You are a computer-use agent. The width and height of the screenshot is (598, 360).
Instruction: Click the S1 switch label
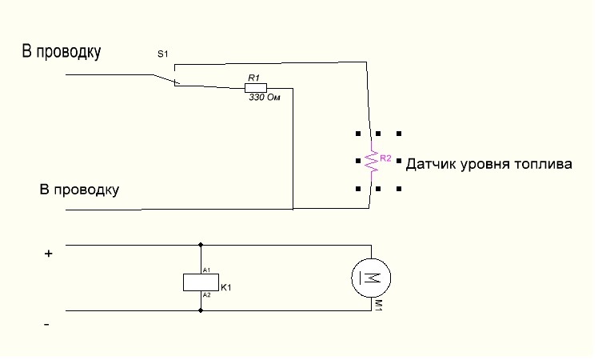163,54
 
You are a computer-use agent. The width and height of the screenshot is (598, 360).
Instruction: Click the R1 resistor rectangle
256,88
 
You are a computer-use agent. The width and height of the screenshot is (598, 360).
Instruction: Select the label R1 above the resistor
253,78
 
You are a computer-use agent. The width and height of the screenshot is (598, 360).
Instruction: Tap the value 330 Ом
265,98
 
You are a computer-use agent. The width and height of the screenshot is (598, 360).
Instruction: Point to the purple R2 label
385,158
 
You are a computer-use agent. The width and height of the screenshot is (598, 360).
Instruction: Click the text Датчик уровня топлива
489,164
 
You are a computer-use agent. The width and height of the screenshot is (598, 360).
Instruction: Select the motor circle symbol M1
371,278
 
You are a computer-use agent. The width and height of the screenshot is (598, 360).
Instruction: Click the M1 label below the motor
378,306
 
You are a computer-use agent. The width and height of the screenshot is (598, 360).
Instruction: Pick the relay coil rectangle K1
201,282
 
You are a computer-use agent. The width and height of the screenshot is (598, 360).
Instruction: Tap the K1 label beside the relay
226,288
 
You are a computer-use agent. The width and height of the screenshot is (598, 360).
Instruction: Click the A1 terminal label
206,270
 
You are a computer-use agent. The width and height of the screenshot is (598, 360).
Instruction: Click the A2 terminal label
206,295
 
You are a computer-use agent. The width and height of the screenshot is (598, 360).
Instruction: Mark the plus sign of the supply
49,254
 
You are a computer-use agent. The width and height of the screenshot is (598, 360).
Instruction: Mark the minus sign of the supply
46,325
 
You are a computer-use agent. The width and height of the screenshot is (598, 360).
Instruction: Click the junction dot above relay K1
201,245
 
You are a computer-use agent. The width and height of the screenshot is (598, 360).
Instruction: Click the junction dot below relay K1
201,310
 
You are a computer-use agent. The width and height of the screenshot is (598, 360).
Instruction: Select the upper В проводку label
62,51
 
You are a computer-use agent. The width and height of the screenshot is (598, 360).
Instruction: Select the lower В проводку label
79,190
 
